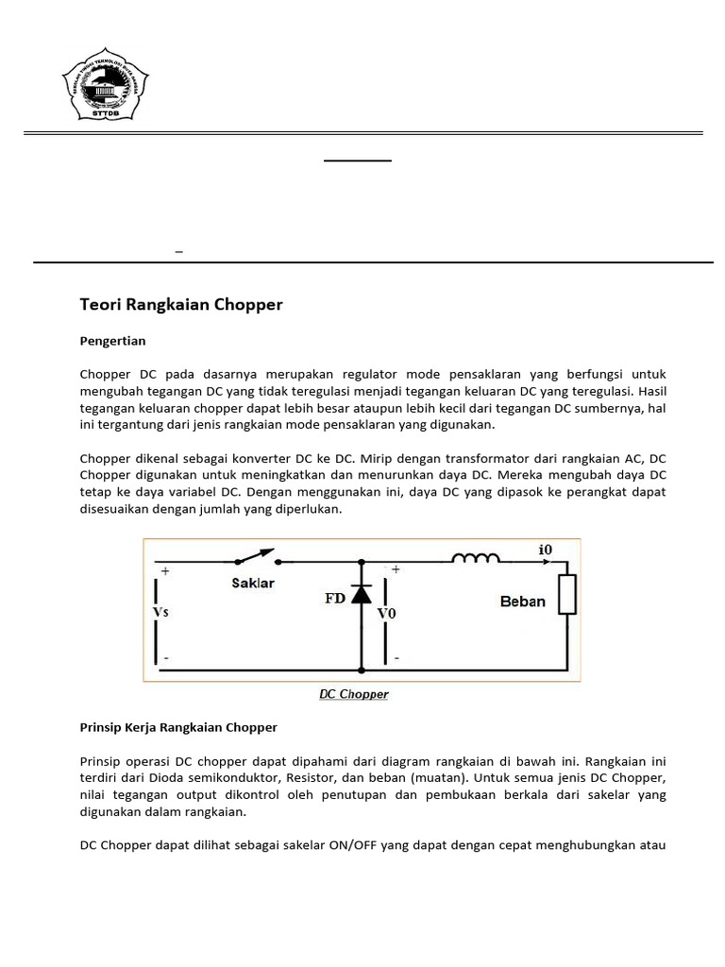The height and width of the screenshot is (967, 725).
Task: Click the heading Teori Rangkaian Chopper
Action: click(181, 305)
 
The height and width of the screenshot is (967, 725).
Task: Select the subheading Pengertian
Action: click(112, 340)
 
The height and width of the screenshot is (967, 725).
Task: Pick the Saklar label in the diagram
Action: click(253, 583)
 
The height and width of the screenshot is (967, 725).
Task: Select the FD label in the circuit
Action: click(334, 598)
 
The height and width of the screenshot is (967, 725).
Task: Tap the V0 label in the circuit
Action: click(387, 614)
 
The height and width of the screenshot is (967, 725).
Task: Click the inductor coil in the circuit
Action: click(476, 559)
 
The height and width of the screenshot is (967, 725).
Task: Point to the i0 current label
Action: click(546, 550)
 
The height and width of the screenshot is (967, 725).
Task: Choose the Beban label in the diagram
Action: click(522, 602)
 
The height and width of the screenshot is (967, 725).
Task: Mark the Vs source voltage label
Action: click(160, 611)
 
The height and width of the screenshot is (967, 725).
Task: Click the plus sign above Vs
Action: click(165, 571)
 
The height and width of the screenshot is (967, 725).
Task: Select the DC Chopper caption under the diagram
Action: click(353, 694)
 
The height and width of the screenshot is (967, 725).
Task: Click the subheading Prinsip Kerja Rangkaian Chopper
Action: click(178, 727)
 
